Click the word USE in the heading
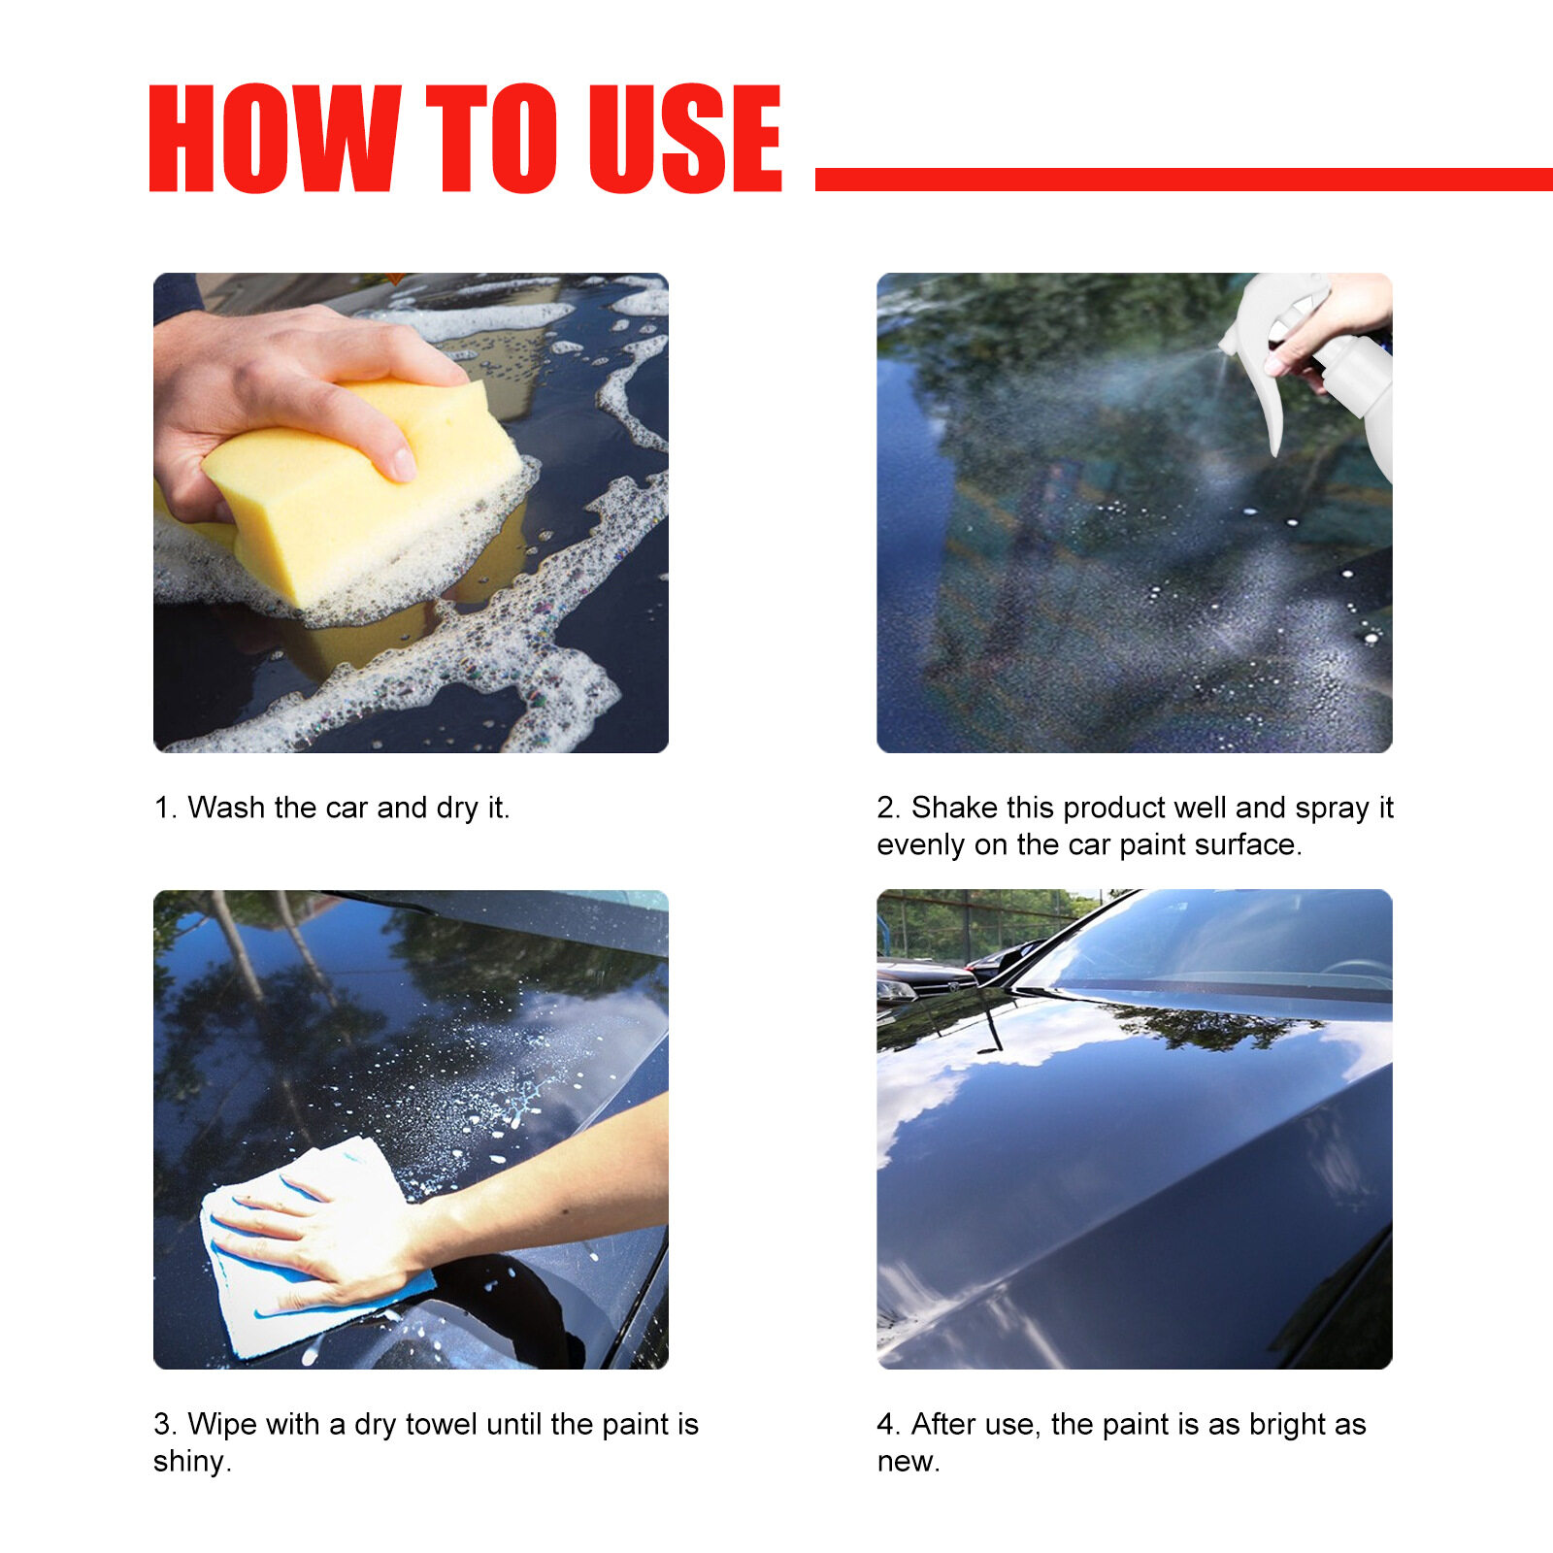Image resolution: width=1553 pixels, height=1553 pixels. tap(685, 138)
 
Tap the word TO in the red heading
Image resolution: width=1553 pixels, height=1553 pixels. tap(492, 138)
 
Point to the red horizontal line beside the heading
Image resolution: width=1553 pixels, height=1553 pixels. tap(1184, 180)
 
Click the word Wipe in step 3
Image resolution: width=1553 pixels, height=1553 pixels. tap(221, 1425)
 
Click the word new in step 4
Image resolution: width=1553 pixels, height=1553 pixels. tap(909, 1462)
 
